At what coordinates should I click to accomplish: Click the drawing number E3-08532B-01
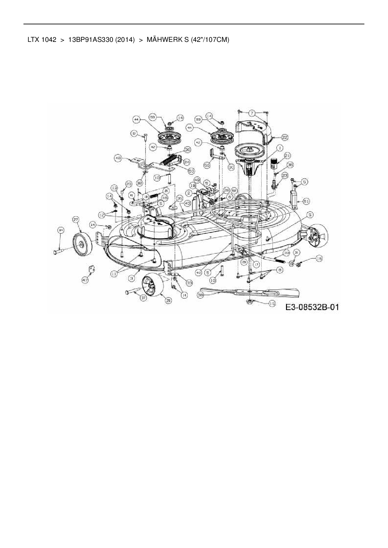pos(312,307)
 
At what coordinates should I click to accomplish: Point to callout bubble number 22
pos(285,137)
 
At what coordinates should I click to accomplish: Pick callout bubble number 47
pos(85,281)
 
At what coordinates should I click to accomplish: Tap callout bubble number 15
pos(272,303)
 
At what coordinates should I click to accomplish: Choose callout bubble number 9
pos(134,133)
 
